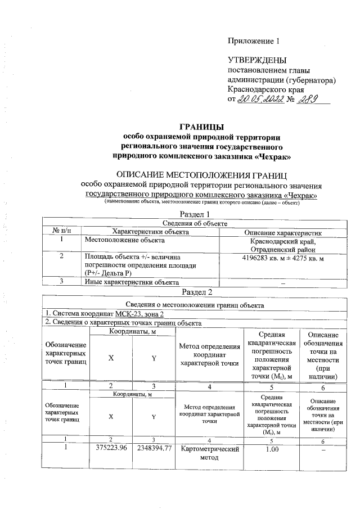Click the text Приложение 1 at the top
pos(253,41)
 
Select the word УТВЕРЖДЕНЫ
pos(256,60)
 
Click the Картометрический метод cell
pos(210,454)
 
